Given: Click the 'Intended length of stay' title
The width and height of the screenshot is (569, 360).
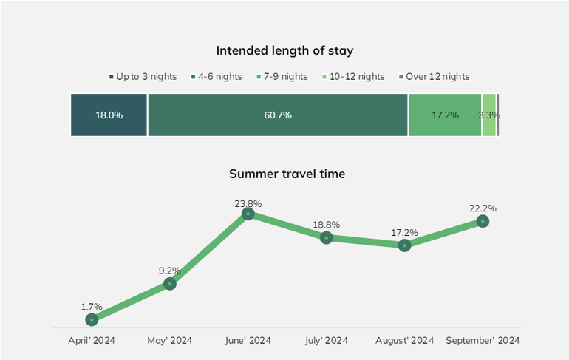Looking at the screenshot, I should pyautogui.click(x=284, y=50).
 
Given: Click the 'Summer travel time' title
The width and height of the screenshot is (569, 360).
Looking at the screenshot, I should pyautogui.click(x=287, y=174).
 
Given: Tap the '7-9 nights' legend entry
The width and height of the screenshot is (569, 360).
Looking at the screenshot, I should pyautogui.click(x=284, y=76).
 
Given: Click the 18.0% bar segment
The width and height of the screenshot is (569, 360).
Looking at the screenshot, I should pyautogui.click(x=109, y=115).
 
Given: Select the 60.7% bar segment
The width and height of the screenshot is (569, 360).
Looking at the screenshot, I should pyautogui.click(x=278, y=115).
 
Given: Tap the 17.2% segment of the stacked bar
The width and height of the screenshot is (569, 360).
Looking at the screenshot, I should pyautogui.click(x=445, y=115).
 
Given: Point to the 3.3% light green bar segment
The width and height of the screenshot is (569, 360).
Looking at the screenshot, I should pyautogui.click(x=488, y=115).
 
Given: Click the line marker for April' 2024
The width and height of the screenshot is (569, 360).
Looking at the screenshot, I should pyautogui.click(x=92, y=319).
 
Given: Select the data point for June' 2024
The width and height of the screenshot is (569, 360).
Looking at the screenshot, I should pyautogui.click(x=248, y=214).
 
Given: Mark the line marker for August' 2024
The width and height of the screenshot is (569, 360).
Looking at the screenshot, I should pyautogui.click(x=404, y=245).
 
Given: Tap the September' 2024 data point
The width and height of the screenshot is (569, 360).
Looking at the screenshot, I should pyautogui.click(x=483, y=221).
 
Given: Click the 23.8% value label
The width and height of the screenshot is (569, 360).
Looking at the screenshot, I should pyautogui.click(x=248, y=203).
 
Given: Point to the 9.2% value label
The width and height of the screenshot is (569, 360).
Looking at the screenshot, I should pyautogui.click(x=170, y=271).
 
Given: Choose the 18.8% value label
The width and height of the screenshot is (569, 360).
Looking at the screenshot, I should pyautogui.click(x=327, y=225).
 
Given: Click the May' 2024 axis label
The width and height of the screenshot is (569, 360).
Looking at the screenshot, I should pyautogui.click(x=170, y=341).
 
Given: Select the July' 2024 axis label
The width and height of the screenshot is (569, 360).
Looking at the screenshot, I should pyautogui.click(x=327, y=341).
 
